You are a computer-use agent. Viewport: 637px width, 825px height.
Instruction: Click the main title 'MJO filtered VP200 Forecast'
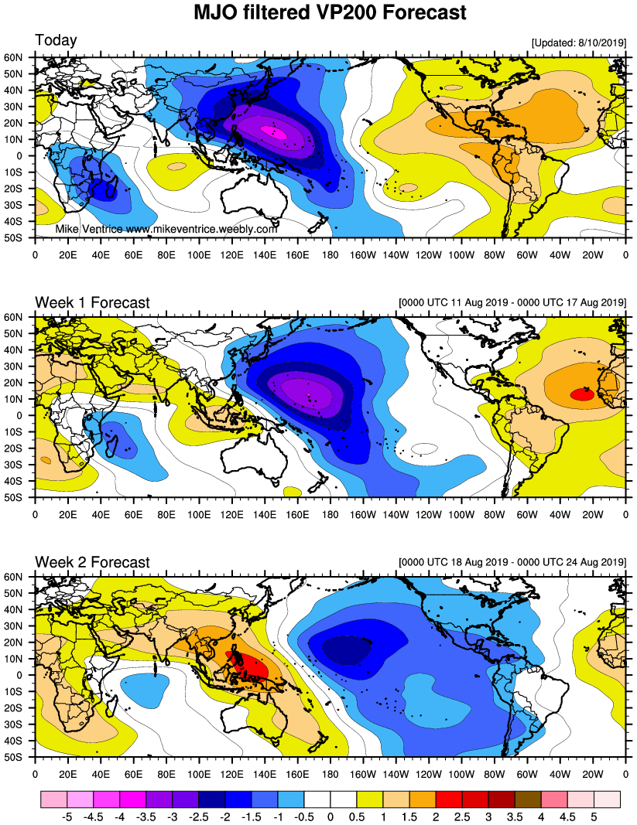click(330, 12)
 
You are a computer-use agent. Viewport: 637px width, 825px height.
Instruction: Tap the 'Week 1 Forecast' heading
click(92, 302)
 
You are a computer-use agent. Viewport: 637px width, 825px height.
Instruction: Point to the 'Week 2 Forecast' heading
click(92, 562)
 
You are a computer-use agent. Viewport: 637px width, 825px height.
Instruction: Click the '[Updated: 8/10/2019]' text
click(578, 43)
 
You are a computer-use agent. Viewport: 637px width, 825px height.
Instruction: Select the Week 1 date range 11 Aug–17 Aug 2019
click(511, 302)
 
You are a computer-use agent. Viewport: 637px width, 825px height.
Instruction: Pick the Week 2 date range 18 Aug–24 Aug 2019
click(511, 562)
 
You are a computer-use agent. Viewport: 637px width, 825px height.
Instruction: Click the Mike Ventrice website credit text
click(166, 230)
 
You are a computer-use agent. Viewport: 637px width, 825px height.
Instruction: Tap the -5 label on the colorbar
click(67, 815)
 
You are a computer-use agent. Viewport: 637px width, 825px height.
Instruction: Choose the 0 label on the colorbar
click(330, 815)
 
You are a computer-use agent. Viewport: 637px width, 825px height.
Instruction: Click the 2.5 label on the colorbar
click(462, 815)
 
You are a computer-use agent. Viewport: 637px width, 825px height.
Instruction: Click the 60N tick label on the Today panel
click(20, 57)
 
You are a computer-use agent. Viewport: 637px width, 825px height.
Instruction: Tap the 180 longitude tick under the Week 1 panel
click(330, 513)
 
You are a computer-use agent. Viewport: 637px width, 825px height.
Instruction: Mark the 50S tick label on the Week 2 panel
click(20, 757)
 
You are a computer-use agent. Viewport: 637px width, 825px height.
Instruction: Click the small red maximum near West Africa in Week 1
click(582, 394)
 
